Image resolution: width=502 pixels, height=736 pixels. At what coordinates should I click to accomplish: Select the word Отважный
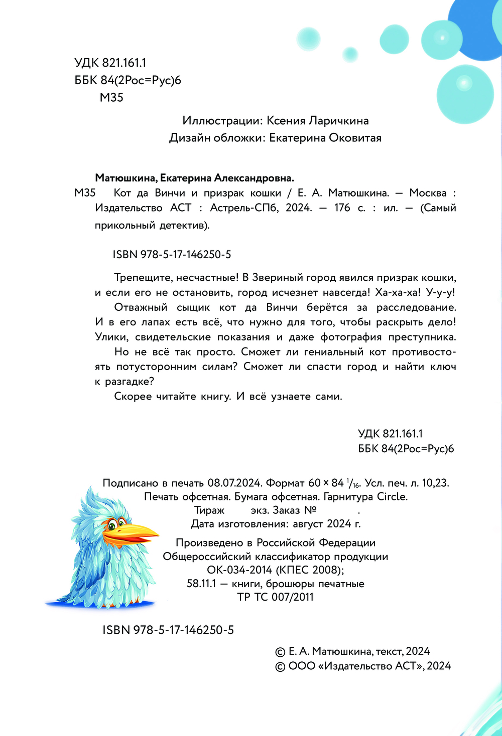tap(141, 307)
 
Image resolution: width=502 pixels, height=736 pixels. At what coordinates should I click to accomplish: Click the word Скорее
tap(133, 397)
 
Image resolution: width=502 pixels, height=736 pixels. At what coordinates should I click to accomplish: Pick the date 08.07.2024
tap(235, 483)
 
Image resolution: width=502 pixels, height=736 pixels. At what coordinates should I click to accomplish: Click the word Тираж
tap(209, 510)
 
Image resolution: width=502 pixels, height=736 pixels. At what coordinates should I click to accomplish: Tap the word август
tap(308, 524)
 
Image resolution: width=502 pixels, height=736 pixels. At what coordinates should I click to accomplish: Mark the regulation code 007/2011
tap(292, 597)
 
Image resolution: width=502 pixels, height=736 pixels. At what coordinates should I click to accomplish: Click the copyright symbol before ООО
tap(280, 667)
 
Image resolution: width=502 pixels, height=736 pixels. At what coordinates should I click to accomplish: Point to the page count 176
tap(342, 208)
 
